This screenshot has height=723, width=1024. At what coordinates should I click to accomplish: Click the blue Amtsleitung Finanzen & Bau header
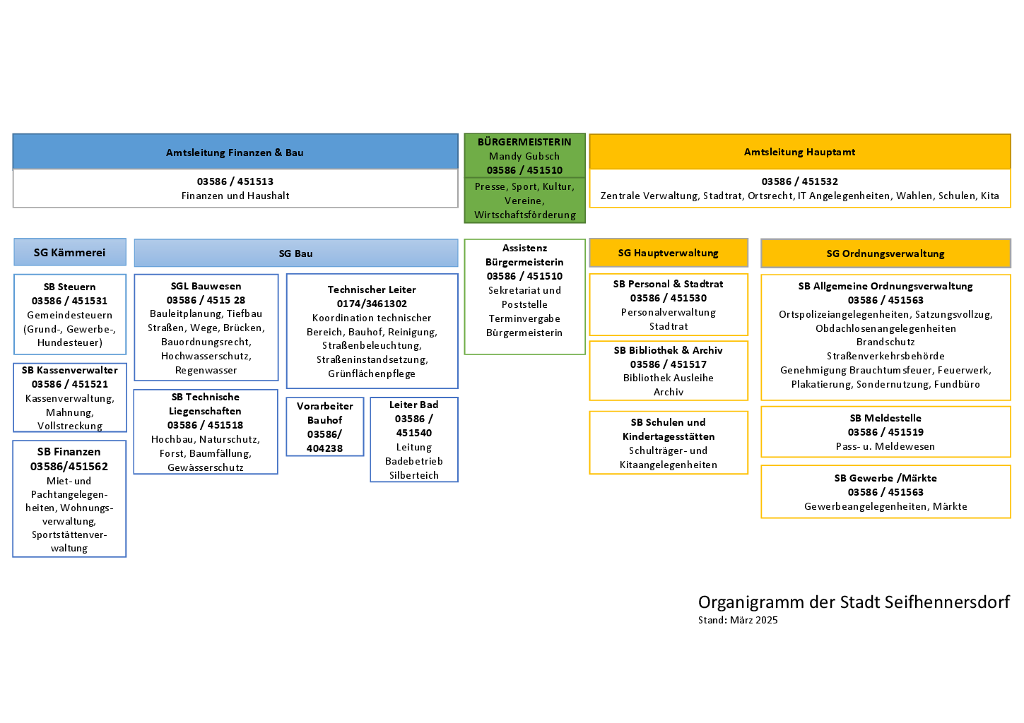(235, 152)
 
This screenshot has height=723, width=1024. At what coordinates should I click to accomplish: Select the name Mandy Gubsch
(524, 156)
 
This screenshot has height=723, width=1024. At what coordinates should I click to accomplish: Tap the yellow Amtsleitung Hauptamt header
(800, 152)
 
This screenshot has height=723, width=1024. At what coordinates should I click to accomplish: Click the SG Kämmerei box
(70, 252)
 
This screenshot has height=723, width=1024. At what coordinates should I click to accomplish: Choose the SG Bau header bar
(296, 253)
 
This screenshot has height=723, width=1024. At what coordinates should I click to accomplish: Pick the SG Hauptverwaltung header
(669, 253)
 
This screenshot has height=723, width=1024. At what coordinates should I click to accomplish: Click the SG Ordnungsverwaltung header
(886, 253)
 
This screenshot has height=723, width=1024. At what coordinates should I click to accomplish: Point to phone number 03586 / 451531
(69, 301)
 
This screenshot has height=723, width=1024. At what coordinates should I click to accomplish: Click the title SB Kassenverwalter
(70, 370)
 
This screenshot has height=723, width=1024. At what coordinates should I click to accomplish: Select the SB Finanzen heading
(69, 452)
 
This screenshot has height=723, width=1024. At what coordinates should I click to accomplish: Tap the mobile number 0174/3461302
(372, 304)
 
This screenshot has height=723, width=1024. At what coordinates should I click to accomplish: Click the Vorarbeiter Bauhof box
(325, 426)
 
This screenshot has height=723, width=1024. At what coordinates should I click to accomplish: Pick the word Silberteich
(414, 475)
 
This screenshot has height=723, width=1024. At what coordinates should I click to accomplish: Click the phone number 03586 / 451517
(669, 364)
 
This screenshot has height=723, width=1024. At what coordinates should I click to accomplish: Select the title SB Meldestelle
(886, 418)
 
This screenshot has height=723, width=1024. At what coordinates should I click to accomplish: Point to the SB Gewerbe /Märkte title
(886, 478)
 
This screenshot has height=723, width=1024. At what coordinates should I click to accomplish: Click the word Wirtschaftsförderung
(525, 215)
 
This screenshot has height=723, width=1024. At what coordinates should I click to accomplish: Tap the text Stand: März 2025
(738, 620)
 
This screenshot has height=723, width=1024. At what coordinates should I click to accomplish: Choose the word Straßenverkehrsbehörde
(886, 356)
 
